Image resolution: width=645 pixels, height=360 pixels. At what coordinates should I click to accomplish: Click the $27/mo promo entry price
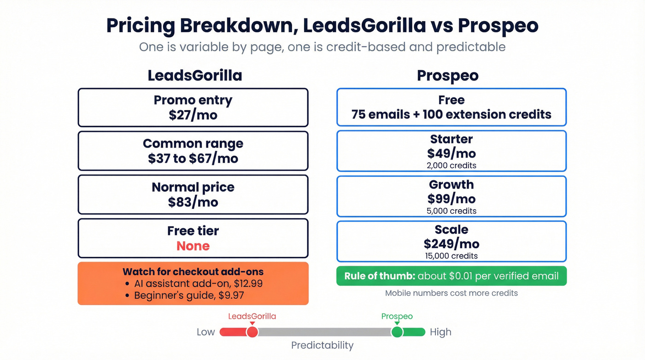[x=193, y=115]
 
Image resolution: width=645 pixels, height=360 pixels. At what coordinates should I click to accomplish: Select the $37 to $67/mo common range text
[x=193, y=159]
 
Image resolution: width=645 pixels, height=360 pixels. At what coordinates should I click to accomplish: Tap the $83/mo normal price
[x=193, y=202]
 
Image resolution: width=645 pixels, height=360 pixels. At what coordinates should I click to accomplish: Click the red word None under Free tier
[x=193, y=246]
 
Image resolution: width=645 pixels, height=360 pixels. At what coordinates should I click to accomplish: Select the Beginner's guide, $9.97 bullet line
[x=195, y=295]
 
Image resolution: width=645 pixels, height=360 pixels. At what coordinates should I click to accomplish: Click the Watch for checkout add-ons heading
[x=193, y=272]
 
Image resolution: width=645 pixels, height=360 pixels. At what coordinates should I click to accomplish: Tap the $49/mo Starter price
[x=451, y=153]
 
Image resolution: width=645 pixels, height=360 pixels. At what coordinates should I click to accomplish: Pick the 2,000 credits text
[x=451, y=165]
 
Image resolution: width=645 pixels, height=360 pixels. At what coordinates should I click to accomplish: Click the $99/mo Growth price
[x=451, y=199]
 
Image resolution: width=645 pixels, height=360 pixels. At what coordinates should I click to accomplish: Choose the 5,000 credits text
[x=451, y=211]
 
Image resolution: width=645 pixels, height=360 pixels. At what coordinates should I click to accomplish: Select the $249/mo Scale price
[x=451, y=243]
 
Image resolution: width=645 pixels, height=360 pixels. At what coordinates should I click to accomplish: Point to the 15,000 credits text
[x=451, y=256]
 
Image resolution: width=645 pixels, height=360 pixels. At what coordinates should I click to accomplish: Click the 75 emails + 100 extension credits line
[x=451, y=114]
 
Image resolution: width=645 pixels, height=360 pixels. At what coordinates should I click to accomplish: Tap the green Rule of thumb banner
[x=451, y=276]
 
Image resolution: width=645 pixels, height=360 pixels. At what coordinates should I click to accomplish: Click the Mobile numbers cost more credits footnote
[x=451, y=293]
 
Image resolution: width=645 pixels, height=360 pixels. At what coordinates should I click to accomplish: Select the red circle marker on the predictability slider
[x=252, y=332]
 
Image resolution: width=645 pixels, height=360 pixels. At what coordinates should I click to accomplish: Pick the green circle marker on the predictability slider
[x=397, y=332]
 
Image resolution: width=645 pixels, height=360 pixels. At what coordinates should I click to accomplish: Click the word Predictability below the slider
[x=322, y=345]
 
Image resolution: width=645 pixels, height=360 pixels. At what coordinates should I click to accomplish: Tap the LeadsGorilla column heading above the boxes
[x=194, y=75]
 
